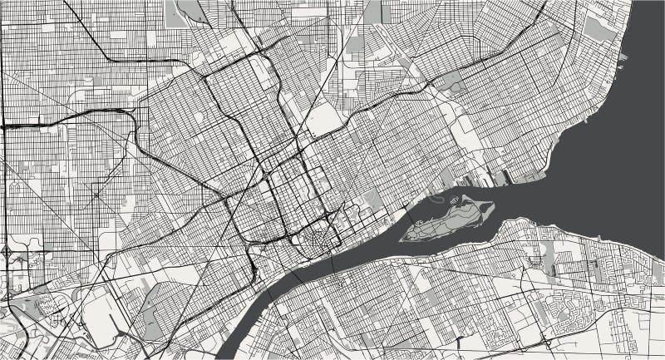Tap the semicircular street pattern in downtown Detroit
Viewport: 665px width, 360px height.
click(315, 240)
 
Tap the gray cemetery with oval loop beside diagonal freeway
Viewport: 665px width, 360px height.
click(319, 121)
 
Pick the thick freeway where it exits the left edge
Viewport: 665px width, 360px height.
click(3, 126)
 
